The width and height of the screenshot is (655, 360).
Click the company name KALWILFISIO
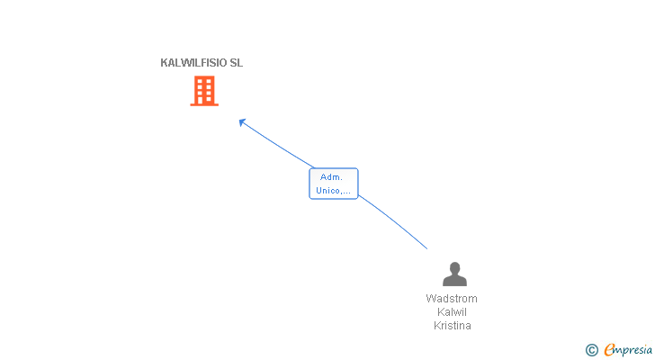[x=193, y=63]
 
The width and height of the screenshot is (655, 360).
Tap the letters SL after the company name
[x=237, y=63]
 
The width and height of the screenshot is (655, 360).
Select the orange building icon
[x=204, y=91]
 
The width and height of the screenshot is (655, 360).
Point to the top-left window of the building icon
[x=200, y=81]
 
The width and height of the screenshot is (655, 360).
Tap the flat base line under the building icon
[x=204, y=104]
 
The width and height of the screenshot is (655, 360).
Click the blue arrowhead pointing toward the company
[x=242, y=121]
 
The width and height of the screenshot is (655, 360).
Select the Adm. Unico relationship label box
[x=333, y=184]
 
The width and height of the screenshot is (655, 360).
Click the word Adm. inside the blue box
[x=331, y=177]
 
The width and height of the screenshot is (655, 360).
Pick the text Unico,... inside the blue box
[x=333, y=191]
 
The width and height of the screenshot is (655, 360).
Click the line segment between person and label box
[x=393, y=220]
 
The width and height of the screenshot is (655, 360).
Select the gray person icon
[x=454, y=274]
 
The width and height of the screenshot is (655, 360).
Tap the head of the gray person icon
[x=455, y=267]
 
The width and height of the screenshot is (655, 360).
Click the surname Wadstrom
[x=452, y=299]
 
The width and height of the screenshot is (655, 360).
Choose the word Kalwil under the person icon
[x=452, y=312]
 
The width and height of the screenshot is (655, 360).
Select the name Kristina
[x=453, y=325]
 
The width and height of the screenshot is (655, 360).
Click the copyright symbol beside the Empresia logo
[x=591, y=350]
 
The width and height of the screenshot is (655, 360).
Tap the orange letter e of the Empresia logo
[x=609, y=350]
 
